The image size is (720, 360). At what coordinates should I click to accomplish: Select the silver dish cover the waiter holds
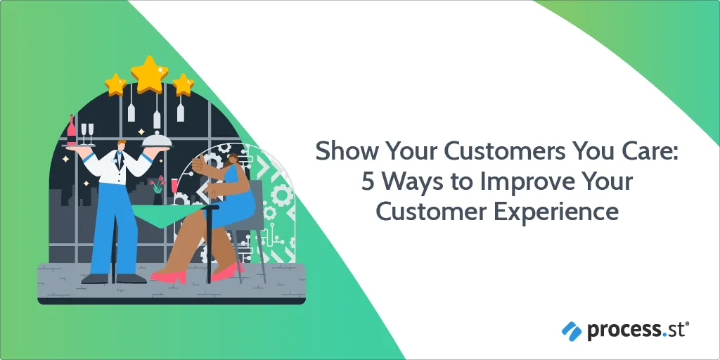pyautogui.click(x=157, y=140)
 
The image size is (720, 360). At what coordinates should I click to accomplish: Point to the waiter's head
pyautogui.click(x=120, y=146)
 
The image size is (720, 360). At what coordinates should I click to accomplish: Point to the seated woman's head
pyautogui.click(x=233, y=160)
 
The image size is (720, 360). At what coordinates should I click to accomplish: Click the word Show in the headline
pyautogui.click(x=346, y=152)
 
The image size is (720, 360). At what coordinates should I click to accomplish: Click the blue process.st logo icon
pyautogui.click(x=572, y=330)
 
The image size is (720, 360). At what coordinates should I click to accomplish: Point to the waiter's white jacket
pyautogui.click(x=118, y=167)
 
